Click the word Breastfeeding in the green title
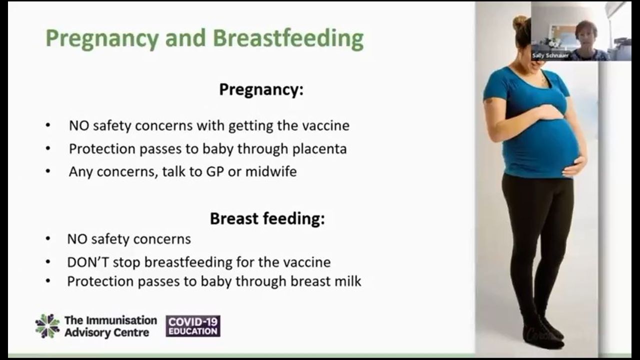click(x=288, y=38)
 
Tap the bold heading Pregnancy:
click(x=261, y=89)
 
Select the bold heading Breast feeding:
click(x=267, y=218)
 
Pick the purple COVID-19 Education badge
click(x=193, y=326)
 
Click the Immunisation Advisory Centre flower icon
click(x=47, y=326)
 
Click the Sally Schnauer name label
click(x=550, y=55)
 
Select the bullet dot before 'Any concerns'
click(x=48, y=171)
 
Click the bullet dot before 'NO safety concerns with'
click(x=48, y=125)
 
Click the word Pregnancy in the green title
click(x=102, y=39)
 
